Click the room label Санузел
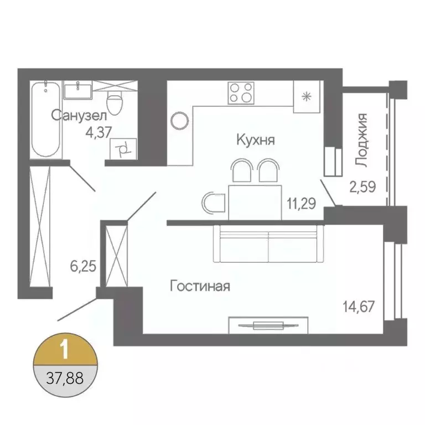(x=78, y=115)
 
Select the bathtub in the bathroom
(x=45, y=120)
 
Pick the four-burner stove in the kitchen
(x=241, y=92)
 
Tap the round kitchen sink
(x=180, y=120)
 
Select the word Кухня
(x=255, y=139)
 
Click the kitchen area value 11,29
(x=301, y=203)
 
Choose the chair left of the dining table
(x=212, y=203)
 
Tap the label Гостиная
(x=200, y=287)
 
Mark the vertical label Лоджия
(x=361, y=139)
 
